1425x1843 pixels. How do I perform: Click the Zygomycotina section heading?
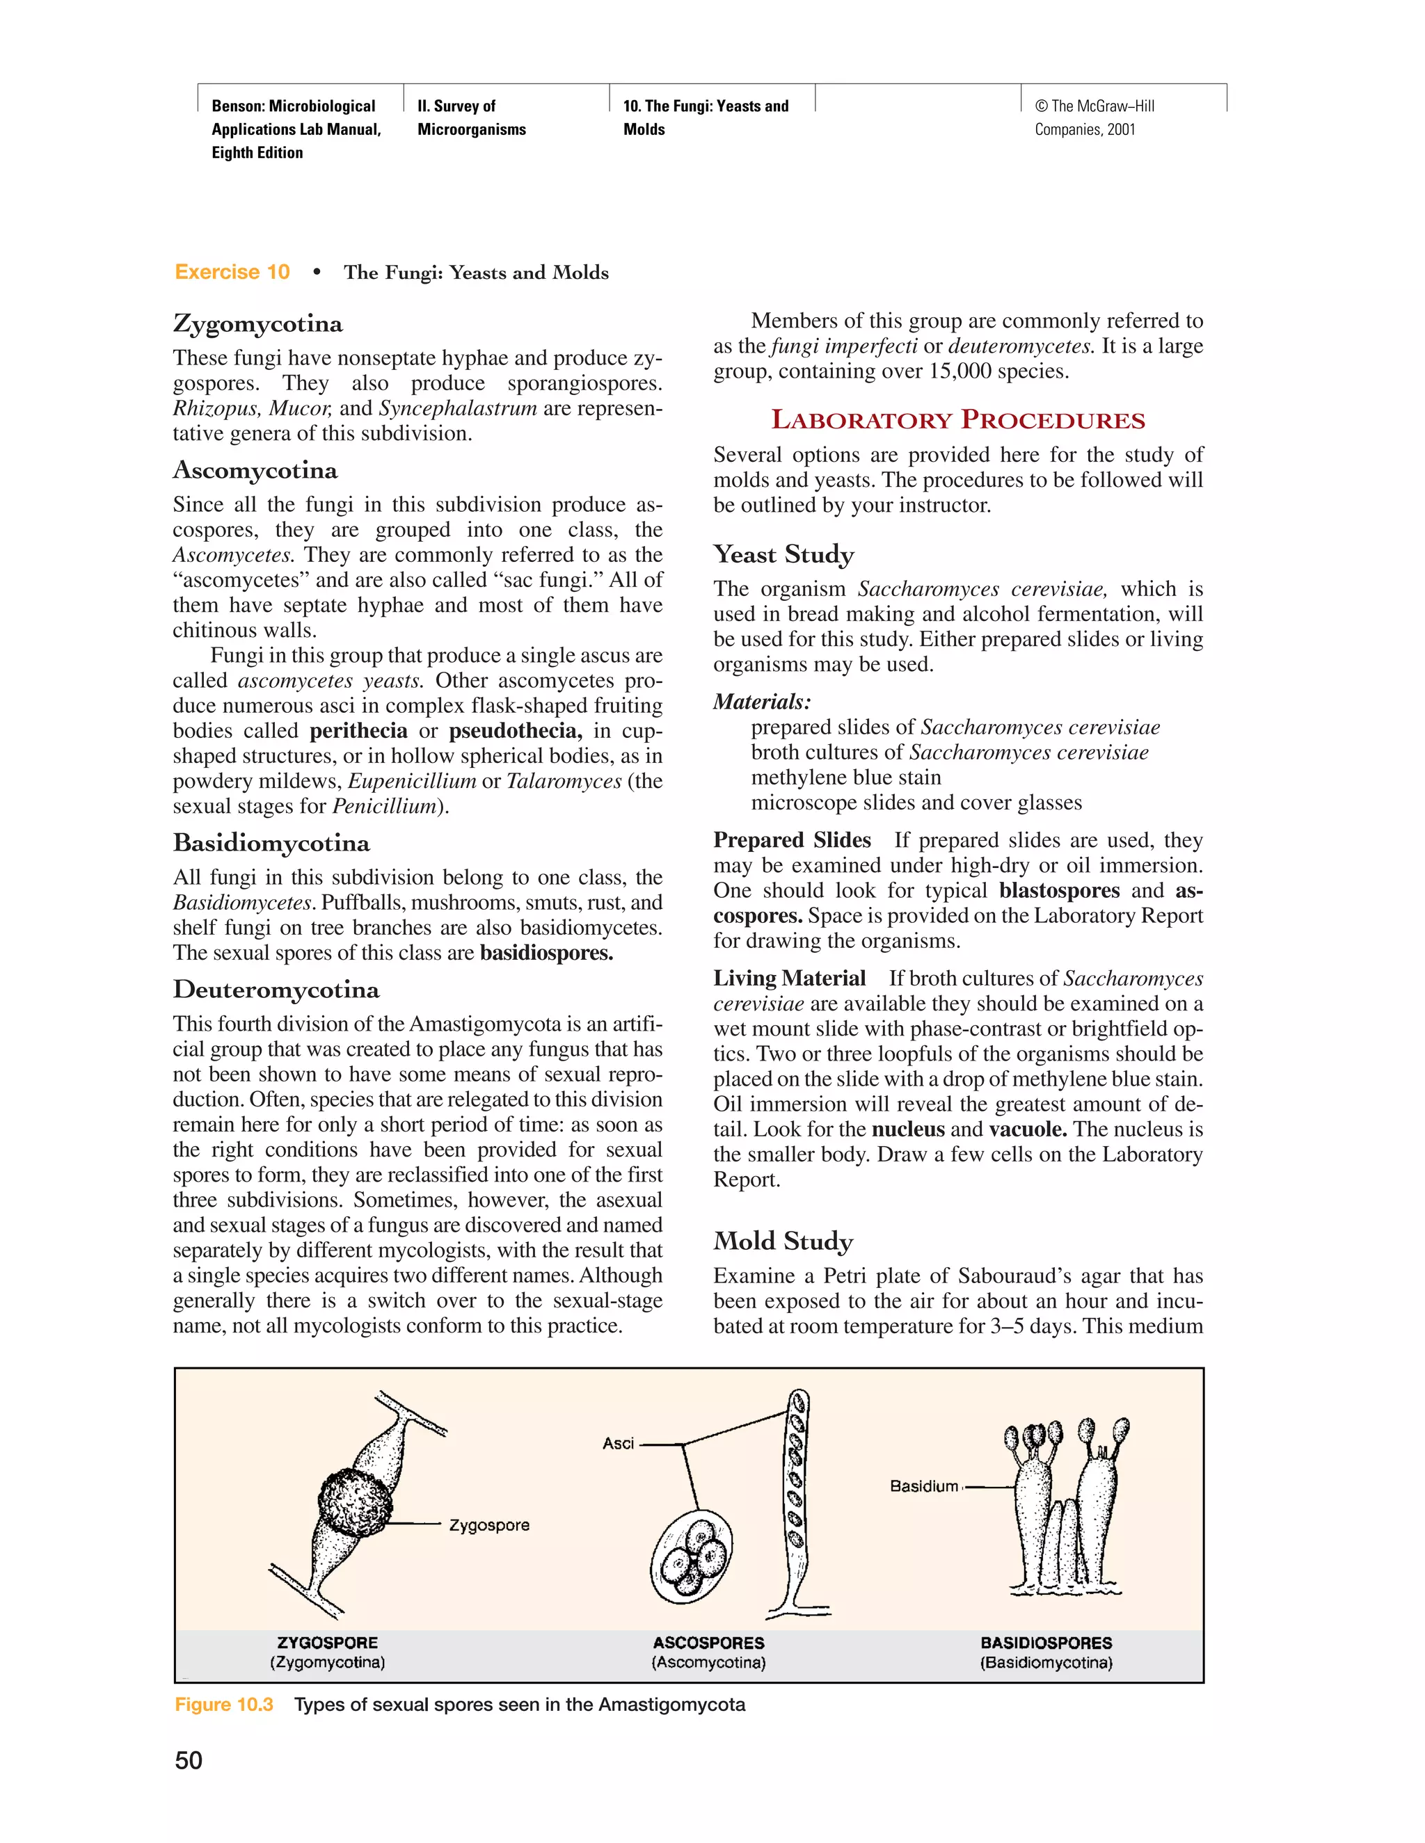257,325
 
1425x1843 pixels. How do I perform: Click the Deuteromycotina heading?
276,990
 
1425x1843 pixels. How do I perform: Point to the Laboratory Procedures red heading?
958,420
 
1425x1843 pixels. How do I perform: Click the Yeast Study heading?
783,554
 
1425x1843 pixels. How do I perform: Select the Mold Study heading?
783,1241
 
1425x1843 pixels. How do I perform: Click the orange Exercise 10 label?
232,273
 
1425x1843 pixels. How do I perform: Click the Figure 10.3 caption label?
224,1705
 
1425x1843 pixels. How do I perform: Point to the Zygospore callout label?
488,1526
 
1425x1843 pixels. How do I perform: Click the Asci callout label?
618,1444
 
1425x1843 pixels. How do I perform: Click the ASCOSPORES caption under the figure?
708,1643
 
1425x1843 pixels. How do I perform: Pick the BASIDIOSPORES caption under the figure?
1046,1643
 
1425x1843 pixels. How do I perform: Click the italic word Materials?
761,702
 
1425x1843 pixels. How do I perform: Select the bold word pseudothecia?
515,731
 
